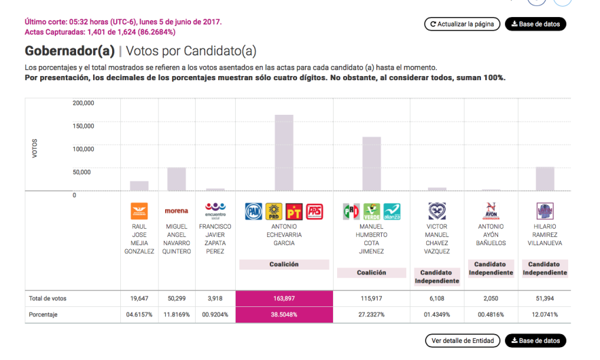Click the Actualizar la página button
462,24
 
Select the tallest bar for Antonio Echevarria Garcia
284,153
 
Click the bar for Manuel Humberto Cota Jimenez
371,164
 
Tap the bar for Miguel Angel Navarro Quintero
177,179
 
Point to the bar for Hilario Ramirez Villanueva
545,179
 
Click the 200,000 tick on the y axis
83,103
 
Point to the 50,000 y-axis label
83,172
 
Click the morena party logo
177,211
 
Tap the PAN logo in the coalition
253,211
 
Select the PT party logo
294,211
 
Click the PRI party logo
351,211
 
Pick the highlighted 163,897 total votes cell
284,298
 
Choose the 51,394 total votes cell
545,298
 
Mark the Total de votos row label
48,298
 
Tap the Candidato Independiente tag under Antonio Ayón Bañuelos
491,268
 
